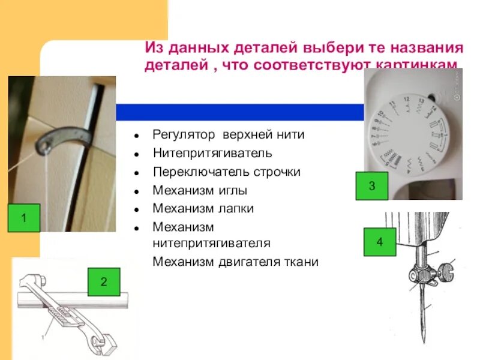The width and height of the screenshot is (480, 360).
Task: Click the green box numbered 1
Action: [x=24, y=218]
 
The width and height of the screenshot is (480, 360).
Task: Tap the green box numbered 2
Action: [x=104, y=281]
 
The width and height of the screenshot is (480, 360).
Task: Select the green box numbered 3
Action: [x=371, y=186]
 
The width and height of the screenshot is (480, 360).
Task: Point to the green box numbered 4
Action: [x=379, y=242]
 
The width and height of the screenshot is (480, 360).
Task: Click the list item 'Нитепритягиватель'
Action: [x=212, y=154]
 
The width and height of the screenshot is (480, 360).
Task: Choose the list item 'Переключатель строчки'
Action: [x=227, y=172]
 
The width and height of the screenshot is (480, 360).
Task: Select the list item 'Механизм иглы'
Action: [x=200, y=190]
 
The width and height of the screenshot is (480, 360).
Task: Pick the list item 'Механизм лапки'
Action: [x=203, y=208]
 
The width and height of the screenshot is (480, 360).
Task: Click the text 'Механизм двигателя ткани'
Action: [x=235, y=262]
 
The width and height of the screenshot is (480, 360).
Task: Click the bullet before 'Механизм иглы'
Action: [x=137, y=191]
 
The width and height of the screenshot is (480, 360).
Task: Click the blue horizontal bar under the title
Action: [x=240, y=112]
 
